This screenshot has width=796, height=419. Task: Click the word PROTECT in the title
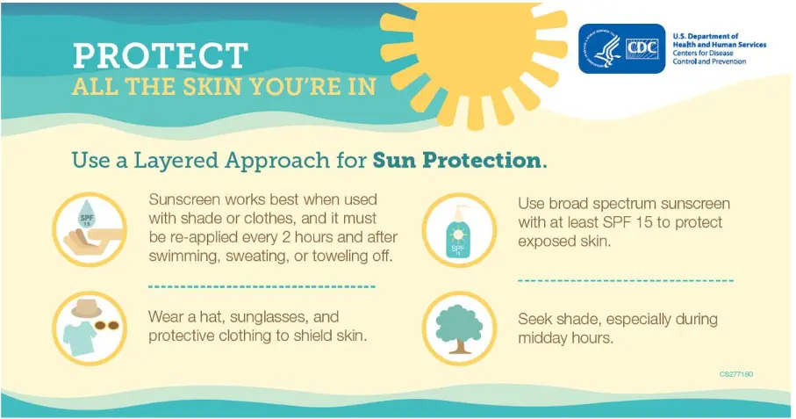pos(161,55)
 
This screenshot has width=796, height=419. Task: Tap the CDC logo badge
pos(622,49)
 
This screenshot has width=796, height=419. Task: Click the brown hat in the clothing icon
pos(86,308)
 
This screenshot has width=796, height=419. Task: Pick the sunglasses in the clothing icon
pos(106,325)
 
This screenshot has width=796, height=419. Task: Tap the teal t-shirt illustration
pos(80,337)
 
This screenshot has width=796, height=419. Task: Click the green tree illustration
pos(459,329)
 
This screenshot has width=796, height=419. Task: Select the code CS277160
pos(736,374)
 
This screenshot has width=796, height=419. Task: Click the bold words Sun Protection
pos(456,161)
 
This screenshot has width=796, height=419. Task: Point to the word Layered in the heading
pos(176,161)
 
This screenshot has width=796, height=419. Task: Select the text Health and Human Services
pos(720,45)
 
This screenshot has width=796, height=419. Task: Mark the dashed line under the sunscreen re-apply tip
pos(262,287)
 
